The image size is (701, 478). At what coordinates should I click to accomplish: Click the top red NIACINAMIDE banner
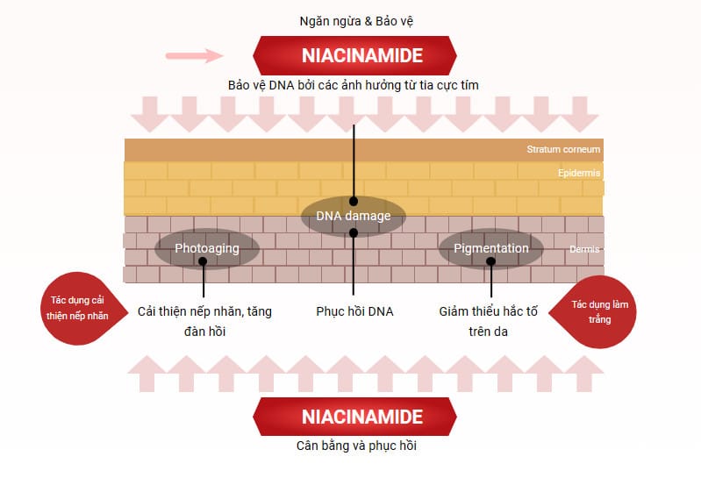click(x=354, y=56)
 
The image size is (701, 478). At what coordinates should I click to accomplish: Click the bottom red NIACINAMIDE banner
click(x=354, y=417)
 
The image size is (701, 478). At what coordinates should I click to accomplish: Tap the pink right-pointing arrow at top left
click(x=195, y=56)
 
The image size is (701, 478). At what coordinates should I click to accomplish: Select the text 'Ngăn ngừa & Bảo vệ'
click(x=354, y=19)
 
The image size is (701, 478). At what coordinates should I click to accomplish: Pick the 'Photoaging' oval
click(x=207, y=248)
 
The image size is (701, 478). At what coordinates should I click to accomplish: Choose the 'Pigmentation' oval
click(x=490, y=248)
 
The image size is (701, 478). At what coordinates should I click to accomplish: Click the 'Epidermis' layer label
click(x=578, y=173)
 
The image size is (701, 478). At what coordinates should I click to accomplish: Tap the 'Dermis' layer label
click(x=583, y=249)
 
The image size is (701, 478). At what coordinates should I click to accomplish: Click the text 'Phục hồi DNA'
click(x=354, y=311)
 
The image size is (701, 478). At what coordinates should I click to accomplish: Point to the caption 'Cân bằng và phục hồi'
click(x=354, y=446)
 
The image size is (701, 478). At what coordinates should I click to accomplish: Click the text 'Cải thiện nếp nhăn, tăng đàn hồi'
click(x=204, y=321)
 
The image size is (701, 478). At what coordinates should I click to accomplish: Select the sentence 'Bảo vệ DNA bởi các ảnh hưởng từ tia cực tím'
click(x=353, y=84)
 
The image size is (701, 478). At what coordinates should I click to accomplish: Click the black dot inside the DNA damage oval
click(x=354, y=201)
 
